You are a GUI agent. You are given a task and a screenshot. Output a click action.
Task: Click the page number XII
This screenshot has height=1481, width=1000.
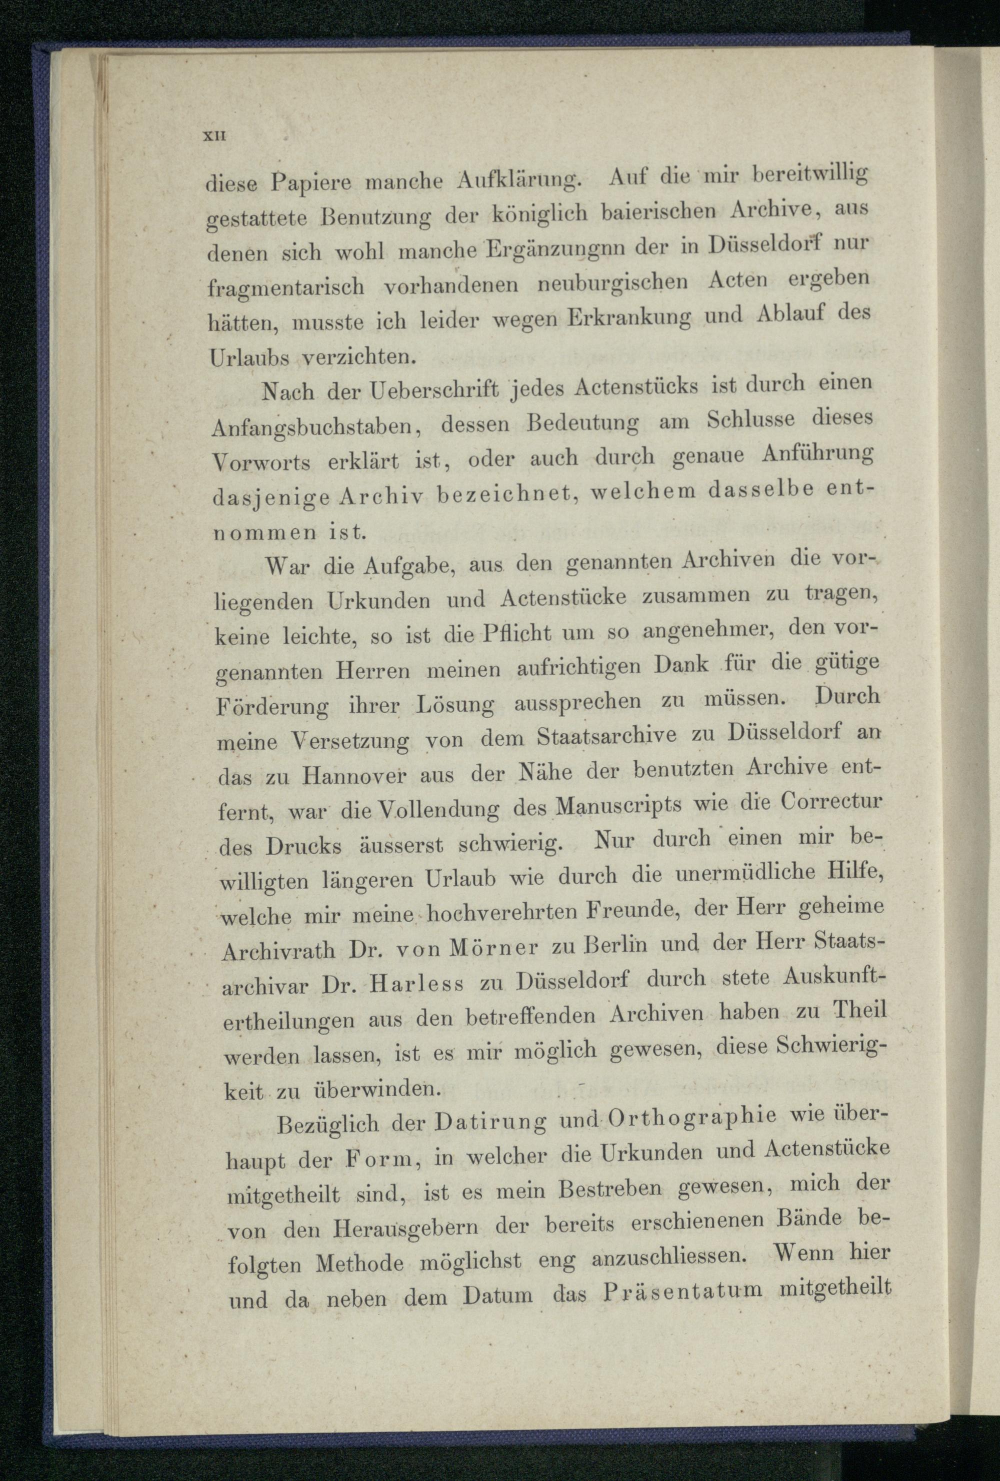pos(210,136)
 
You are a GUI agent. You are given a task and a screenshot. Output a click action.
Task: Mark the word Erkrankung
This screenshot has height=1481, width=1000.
pos(626,316)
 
